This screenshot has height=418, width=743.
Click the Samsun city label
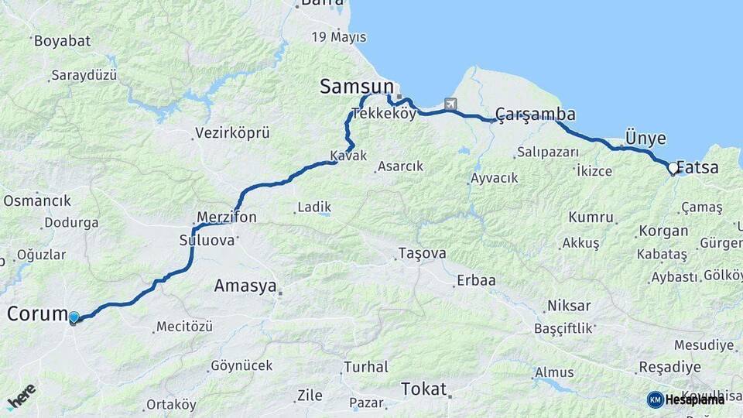tap(357, 87)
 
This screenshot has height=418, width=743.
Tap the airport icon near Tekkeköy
tap(450, 104)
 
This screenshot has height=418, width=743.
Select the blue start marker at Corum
tap(74, 317)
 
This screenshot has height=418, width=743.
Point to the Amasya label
tap(245, 286)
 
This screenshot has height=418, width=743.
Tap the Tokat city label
tap(424, 389)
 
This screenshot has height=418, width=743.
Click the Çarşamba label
tap(535, 114)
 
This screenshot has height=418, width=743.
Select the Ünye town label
tap(645, 139)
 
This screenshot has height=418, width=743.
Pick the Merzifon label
tap(227, 218)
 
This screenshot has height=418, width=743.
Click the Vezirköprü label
tap(232, 133)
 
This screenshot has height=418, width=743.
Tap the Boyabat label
tap(62, 40)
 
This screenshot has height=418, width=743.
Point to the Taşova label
tap(422, 253)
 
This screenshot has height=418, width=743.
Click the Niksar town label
tap(569, 305)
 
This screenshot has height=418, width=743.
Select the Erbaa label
tap(476, 280)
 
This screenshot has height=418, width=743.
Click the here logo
tap(21, 396)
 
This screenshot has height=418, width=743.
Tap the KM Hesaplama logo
tap(686, 399)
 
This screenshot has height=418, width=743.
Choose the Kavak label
tap(348, 156)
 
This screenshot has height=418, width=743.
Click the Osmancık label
tap(37, 200)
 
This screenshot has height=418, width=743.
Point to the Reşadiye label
tap(669, 367)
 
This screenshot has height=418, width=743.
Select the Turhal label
tap(365, 367)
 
